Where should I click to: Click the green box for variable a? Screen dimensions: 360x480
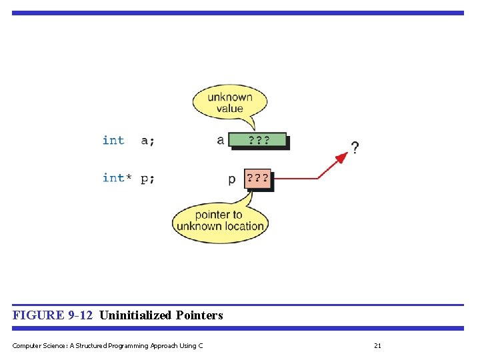(257, 140)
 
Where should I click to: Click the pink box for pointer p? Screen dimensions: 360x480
(258, 179)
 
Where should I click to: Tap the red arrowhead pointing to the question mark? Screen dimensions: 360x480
(342, 157)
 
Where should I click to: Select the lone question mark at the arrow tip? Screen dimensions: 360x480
(355, 147)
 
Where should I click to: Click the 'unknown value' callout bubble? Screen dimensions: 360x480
(230, 103)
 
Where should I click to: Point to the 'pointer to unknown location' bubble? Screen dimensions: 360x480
(220, 221)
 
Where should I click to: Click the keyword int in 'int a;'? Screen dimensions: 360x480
(113, 140)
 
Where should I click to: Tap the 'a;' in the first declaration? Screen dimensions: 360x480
(147, 140)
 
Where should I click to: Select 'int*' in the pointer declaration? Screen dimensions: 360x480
(117, 178)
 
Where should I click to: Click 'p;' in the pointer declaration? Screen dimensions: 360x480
(147, 179)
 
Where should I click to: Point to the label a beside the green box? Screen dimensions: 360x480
(221, 140)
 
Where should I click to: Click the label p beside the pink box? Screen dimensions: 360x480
(231, 179)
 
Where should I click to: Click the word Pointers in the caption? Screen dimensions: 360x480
(199, 315)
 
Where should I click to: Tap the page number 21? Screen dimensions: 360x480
(377, 345)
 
